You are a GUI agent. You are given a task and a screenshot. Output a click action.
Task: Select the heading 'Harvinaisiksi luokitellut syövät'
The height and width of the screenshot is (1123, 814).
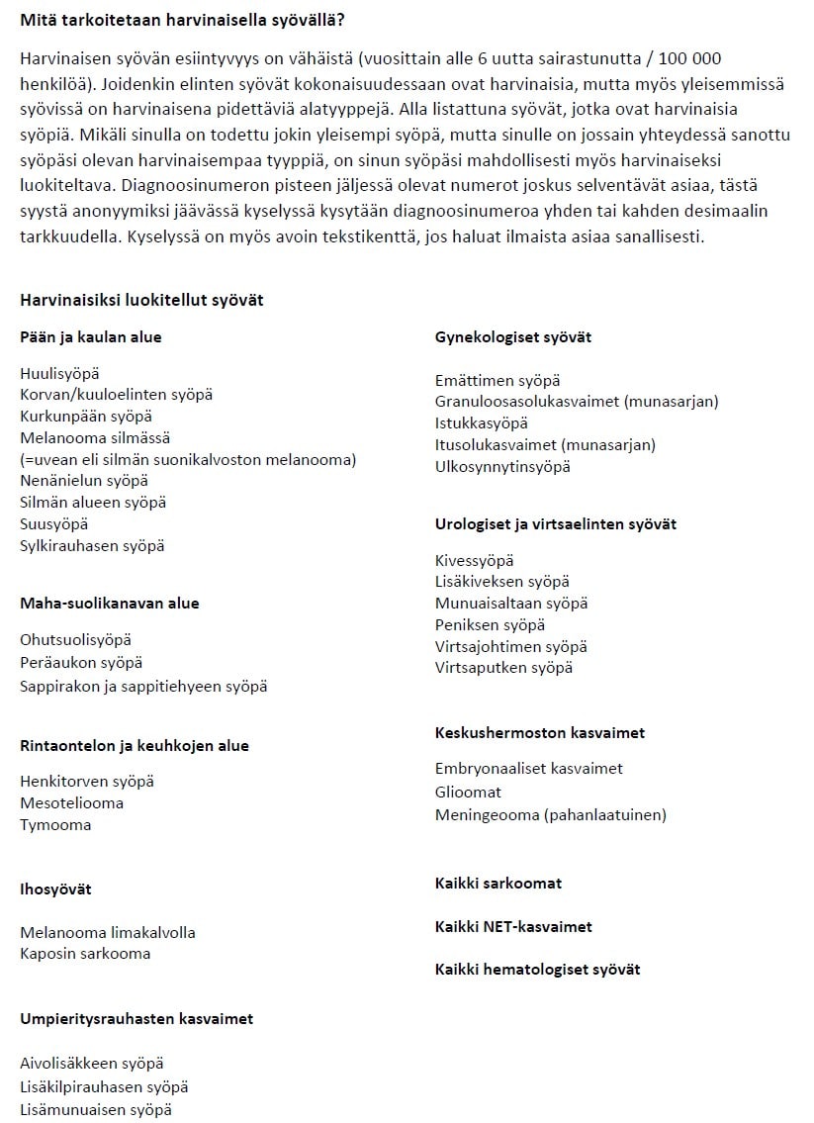coord(141,300)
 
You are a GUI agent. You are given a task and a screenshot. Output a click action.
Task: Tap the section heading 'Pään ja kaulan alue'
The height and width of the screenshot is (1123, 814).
coord(91,337)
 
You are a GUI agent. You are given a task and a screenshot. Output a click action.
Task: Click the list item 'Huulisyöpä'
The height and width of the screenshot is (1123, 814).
coord(59,373)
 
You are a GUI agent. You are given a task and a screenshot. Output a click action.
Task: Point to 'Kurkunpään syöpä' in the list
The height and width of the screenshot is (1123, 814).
coord(86,416)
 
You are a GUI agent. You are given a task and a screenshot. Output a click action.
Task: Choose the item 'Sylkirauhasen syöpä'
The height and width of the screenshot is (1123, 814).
coord(92,545)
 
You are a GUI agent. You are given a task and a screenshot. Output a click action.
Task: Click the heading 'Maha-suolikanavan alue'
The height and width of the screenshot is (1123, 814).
coord(109,603)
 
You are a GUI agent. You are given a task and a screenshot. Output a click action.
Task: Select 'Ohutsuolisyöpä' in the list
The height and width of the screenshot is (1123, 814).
coord(75,640)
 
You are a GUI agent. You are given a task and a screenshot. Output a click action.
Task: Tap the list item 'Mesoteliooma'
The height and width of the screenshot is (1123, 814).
coord(71,802)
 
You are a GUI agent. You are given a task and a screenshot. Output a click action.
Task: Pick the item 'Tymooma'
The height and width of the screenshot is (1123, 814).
coord(55,824)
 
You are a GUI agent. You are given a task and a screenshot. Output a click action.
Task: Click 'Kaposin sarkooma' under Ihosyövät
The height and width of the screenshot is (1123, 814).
coord(85,954)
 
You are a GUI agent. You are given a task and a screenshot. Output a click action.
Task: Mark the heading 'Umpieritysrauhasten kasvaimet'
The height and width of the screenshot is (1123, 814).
coord(136,1018)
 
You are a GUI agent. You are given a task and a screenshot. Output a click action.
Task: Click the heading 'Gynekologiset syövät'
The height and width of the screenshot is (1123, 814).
coord(513,337)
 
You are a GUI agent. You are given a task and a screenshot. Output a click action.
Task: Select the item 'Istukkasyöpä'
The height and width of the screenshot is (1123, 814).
coord(481,423)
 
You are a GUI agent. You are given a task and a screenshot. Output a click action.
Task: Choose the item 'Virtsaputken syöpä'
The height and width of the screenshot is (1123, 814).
coord(503,668)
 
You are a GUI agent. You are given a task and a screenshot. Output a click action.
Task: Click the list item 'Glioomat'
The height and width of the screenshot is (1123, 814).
coord(468,792)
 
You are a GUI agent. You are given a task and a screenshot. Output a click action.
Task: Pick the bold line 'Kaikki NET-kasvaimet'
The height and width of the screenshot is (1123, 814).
coord(513,927)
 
